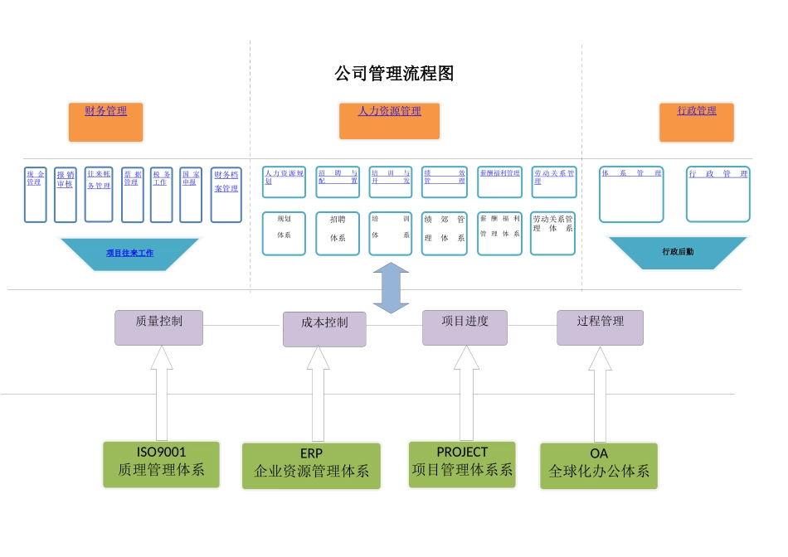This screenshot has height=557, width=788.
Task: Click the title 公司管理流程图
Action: (x=394, y=74)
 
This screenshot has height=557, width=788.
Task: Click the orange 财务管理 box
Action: (x=105, y=122)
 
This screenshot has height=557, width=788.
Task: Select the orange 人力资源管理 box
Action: (x=389, y=121)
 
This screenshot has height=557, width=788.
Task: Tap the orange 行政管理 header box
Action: (x=697, y=122)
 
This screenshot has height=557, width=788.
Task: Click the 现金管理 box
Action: (x=35, y=195)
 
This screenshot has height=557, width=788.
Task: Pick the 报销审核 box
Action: (x=65, y=195)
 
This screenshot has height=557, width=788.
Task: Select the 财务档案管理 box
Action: (x=226, y=195)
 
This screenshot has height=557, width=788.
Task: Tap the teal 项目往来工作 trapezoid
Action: (x=129, y=254)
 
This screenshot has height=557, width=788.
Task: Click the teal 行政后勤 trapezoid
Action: (x=678, y=252)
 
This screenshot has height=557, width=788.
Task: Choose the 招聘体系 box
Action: (x=338, y=233)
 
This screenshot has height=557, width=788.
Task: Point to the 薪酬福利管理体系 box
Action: (x=499, y=233)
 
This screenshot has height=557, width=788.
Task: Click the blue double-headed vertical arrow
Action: (x=391, y=288)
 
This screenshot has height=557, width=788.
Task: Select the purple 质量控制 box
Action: (x=158, y=327)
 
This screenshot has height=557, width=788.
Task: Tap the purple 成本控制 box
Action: (x=324, y=329)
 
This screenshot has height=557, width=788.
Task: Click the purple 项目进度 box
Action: (x=465, y=327)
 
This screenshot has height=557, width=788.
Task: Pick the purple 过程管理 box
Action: (x=600, y=327)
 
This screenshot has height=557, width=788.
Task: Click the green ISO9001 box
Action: (x=161, y=463)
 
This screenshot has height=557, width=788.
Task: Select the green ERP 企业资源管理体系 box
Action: (x=311, y=465)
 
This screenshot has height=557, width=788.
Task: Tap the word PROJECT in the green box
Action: (x=462, y=453)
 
